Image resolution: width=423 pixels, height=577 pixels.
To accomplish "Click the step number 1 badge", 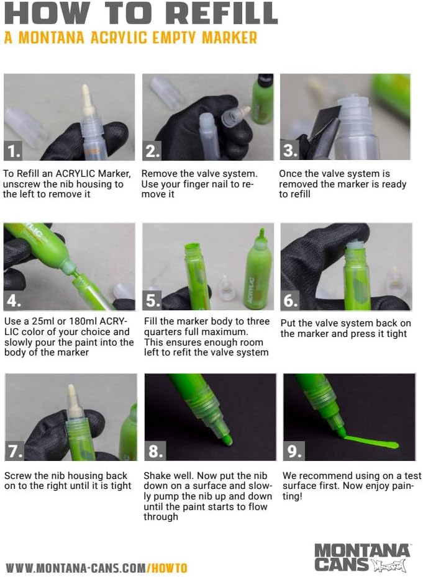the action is [x=13, y=150].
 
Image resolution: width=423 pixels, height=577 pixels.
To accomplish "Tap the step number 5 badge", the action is [x=152, y=300].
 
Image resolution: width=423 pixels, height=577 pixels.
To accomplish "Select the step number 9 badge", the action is [x=294, y=451].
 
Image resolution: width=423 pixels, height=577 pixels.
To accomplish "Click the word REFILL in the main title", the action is [x=222, y=13].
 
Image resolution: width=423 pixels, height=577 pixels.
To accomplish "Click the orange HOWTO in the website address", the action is [x=169, y=568].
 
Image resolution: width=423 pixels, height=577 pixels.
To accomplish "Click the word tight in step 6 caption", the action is [x=396, y=334].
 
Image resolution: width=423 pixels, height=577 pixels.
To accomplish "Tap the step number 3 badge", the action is [x=290, y=150].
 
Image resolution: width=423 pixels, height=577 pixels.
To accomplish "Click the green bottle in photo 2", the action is [x=262, y=99].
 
